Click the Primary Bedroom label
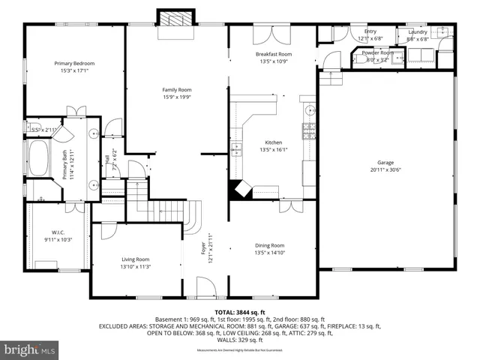(71, 63)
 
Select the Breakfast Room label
(273, 54)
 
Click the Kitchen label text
(273, 142)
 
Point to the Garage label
(385, 162)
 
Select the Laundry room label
(418, 32)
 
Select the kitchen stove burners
(309, 132)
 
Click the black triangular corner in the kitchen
(239, 189)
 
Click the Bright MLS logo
(30, 350)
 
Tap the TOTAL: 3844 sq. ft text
(240, 311)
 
